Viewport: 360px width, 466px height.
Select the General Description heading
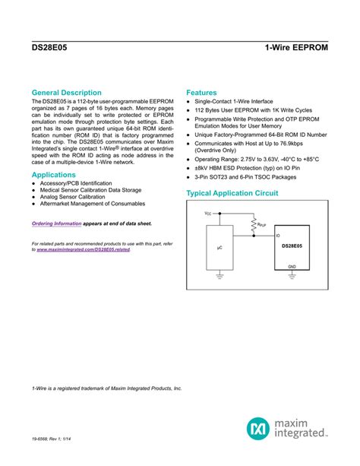tap(66, 93)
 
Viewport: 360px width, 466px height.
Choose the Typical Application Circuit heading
tap(232, 194)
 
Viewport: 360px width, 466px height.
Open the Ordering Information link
tap(56, 223)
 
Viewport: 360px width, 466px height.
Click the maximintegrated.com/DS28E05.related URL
tap(88, 249)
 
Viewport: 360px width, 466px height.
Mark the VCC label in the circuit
tap(208, 214)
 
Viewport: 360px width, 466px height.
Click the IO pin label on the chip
tap(278, 236)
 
